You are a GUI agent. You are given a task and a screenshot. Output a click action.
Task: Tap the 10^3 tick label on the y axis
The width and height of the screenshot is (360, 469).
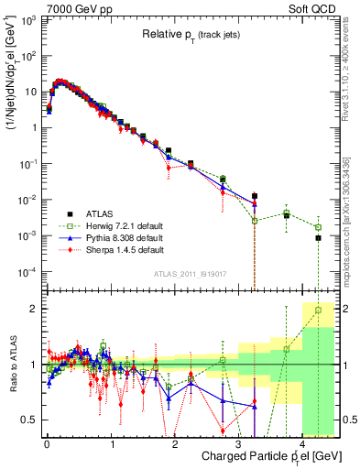pyautogui.click(x=27, y=19)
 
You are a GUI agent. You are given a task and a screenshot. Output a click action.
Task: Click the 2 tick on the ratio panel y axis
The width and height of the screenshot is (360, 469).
pyautogui.click(x=33, y=309)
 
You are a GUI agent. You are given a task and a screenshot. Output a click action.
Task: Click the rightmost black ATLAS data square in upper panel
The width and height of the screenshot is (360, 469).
pyautogui.click(x=318, y=237)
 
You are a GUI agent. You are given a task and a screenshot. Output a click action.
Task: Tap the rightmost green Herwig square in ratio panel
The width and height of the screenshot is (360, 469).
pyautogui.click(x=318, y=311)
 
